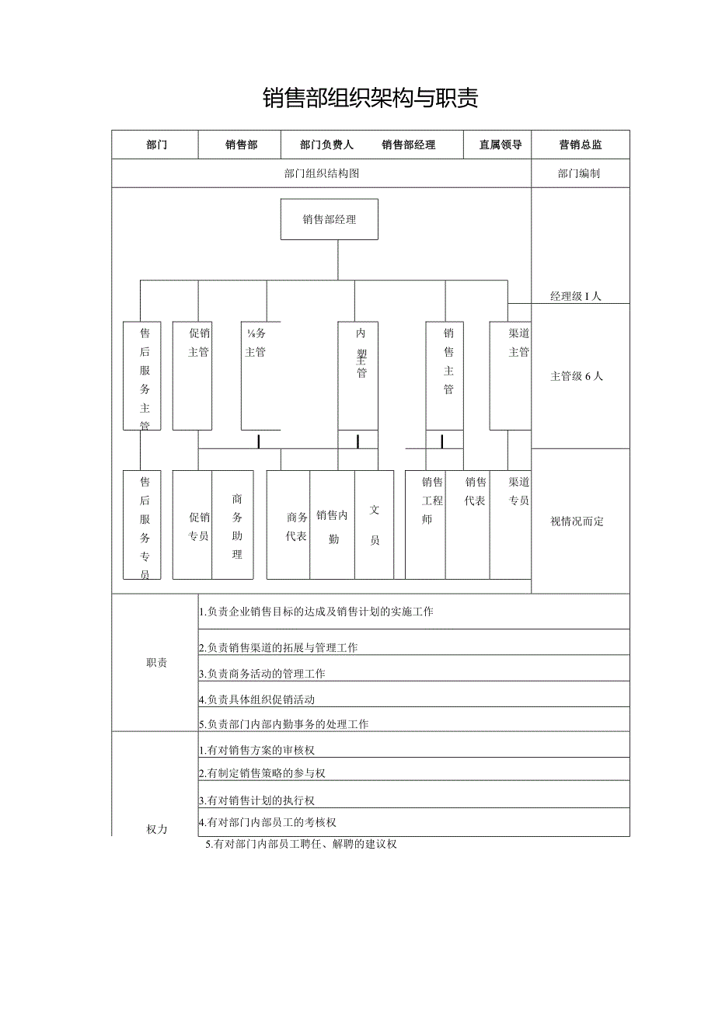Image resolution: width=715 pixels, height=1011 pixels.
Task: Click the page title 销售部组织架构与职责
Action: click(x=370, y=98)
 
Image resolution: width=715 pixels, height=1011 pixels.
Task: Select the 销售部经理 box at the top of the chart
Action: click(x=330, y=220)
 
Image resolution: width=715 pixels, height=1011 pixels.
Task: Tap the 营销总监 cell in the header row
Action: click(x=580, y=145)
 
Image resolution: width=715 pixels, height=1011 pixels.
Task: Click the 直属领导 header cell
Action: click(x=500, y=145)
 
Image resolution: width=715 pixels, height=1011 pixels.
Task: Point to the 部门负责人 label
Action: click(x=326, y=145)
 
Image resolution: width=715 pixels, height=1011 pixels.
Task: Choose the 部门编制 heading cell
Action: click(x=579, y=174)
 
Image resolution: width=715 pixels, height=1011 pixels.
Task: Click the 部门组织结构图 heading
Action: click(x=322, y=174)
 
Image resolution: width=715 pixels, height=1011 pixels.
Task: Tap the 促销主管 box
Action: click(x=193, y=376)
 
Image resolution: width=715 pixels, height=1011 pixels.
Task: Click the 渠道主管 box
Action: click(x=510, y=376)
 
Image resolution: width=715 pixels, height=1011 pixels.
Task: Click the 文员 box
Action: click(x=375, y=525)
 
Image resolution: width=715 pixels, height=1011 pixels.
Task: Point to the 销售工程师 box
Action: click(x=426, y=525)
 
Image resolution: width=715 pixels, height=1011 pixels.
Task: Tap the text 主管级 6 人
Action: click(x=576, y=377)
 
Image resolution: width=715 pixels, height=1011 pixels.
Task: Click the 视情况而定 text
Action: click(x=577, y=521)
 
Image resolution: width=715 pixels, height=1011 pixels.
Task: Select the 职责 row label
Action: click(x=156, y=663)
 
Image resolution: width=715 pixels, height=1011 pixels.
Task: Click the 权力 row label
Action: click(x=156, y=829)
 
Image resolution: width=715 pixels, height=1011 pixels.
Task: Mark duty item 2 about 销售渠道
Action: click(x=278, y=648)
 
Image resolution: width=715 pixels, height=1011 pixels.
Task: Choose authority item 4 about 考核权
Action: click(x=267, y=822)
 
